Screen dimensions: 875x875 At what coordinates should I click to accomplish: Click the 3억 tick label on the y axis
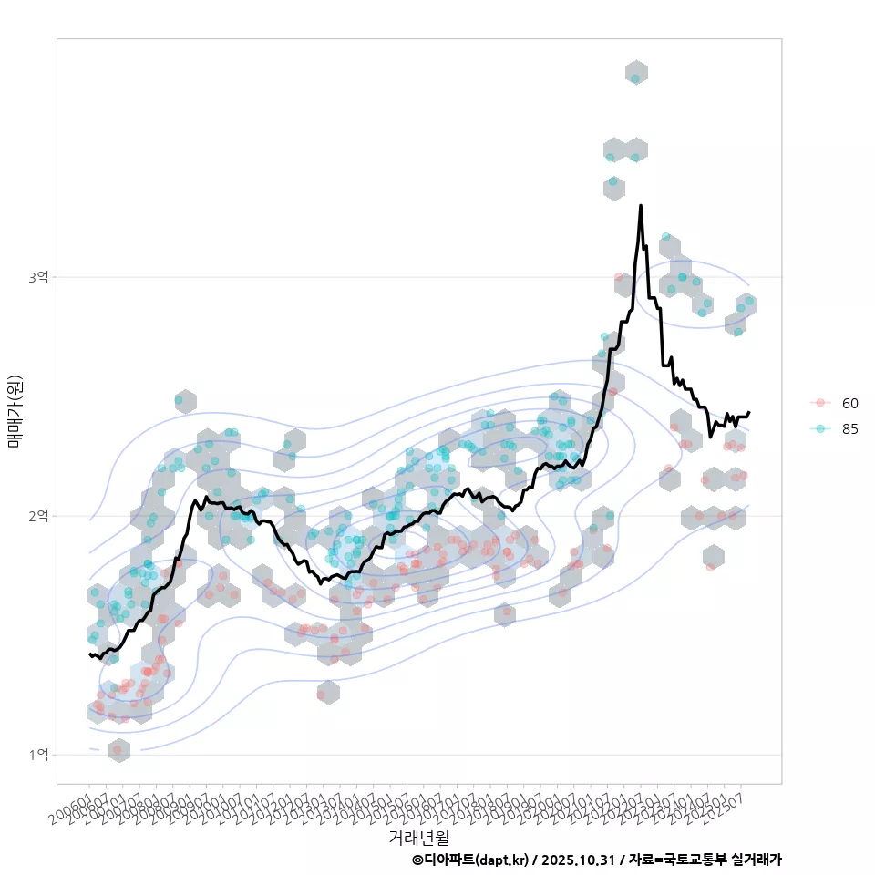(39, 276)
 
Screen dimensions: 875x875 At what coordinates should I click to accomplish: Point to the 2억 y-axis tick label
(39, 516)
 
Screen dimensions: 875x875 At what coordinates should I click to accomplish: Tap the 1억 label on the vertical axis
(39, 755)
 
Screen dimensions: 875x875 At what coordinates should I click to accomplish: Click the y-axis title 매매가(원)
(15, 410)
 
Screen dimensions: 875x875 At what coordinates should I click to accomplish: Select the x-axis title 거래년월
(418, 837)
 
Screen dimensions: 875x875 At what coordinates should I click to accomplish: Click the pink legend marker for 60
(820, 403)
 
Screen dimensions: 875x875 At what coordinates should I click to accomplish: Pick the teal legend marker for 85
(820, 429)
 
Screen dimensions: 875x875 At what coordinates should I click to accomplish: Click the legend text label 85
(850, 429)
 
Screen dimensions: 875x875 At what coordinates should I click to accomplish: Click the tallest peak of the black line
(641, 206)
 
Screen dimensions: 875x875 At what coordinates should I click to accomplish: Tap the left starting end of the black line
(89, 654)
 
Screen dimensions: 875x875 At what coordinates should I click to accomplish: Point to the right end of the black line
(749, 412)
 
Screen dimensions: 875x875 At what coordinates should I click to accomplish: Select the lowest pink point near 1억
(117, 750)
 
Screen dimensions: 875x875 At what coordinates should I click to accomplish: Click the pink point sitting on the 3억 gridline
(619, 277)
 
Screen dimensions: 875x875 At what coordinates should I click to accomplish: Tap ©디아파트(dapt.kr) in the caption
(470, 860)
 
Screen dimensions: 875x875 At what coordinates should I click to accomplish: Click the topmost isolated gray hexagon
(636, 73)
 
